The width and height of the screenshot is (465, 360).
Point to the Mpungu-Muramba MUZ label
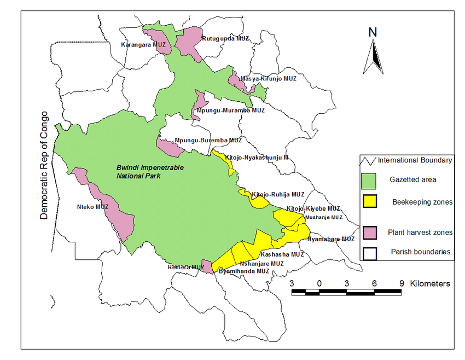click(x=230, y=110)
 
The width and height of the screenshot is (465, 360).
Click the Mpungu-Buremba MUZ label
click(x=208, y=141)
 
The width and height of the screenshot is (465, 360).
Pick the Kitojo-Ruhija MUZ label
click(x=278, y=194)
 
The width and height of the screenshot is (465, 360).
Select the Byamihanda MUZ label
click(x=243, y=271)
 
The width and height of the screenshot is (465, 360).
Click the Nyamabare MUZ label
click(x=331, y=239)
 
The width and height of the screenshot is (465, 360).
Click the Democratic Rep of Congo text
click(x=44, y=166)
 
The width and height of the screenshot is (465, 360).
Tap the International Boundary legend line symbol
click(x=368, y=160)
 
